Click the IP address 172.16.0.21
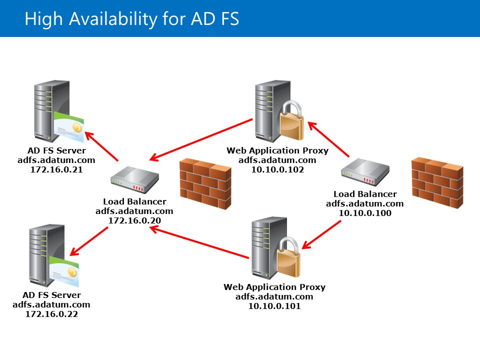point(56,169)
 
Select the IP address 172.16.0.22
point(51,314)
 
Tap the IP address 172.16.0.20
point(134,220)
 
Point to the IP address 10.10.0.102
point(277,169)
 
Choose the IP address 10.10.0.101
point(274,306)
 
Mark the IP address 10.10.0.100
point(365,213)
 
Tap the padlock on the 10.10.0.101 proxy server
point(288,257)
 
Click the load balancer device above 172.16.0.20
point(134,180)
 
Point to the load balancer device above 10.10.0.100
point(365,172)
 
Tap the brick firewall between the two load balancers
point(205,184)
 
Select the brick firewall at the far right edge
point(437,183)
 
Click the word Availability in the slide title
point(113,19)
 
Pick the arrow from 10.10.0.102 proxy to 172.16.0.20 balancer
point(201,140)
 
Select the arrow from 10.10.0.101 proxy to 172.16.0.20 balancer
point(199,242)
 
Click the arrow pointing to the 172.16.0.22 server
point(89,241)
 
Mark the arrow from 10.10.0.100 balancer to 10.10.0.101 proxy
point(321,235)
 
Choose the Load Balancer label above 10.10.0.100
point(365,194)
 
